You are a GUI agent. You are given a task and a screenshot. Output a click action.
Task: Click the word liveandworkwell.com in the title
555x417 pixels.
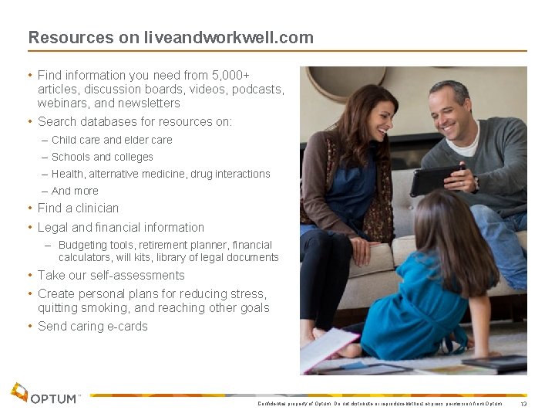[228, 37]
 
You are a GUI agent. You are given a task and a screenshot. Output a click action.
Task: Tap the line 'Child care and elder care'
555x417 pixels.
[112, 140]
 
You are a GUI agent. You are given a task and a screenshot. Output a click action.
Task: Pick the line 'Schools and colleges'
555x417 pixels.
[102, 157]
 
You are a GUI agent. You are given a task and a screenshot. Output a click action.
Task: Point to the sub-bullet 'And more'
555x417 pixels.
[75, 191]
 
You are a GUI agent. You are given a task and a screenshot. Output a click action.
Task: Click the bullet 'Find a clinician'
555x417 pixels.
[78, 208]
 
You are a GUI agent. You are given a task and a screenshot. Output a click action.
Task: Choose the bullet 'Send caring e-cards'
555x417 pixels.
[92, 326]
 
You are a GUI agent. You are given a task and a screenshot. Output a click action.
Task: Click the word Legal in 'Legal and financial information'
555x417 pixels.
[53, 227]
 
